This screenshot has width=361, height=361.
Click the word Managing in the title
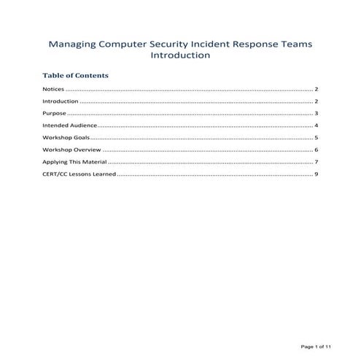[71, 44]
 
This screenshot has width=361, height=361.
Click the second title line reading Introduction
[180, 55]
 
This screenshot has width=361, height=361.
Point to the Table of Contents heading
[76, 76]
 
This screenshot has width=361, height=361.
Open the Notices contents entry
[54, 89]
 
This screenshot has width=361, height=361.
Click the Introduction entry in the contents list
[61, 101]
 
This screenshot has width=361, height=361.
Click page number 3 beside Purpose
[317, 114]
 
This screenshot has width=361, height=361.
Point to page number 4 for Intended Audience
[317, 126]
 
